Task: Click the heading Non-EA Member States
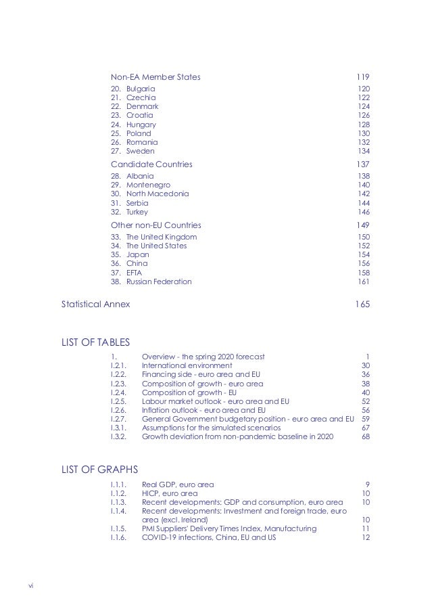155,76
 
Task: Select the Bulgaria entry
141,89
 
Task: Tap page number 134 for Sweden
363,151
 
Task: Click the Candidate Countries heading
151,164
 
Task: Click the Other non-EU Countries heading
155,225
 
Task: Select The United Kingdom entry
162,237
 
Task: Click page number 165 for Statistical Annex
362,305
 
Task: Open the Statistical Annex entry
96,305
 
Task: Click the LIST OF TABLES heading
95,343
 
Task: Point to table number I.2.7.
118,419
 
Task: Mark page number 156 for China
363,263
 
